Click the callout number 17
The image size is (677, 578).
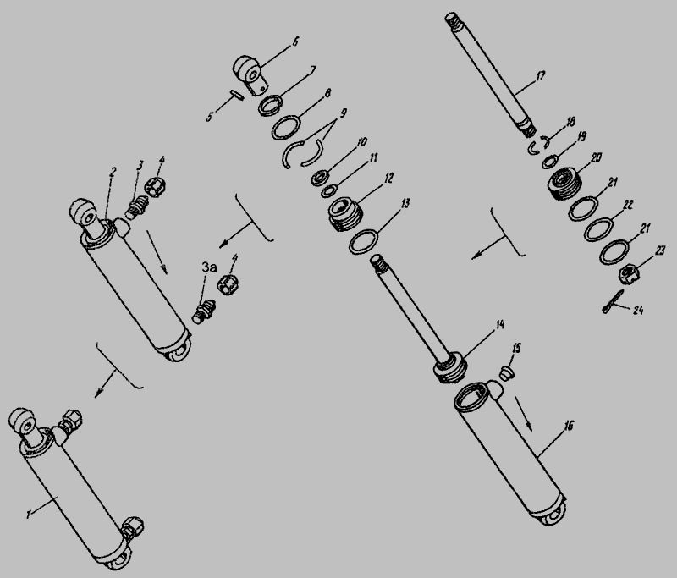click(541, 77)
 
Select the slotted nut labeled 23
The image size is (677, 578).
click(629, 274)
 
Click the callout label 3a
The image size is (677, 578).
click(209, 267)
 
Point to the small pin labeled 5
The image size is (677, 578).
click(237, 95)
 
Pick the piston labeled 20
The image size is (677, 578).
click(564, 184)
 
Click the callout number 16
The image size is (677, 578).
click(569, 426)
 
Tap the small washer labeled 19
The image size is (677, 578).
click(550, 162)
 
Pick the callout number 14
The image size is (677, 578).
click(500, 325)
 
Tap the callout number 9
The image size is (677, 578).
click(344, 113)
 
